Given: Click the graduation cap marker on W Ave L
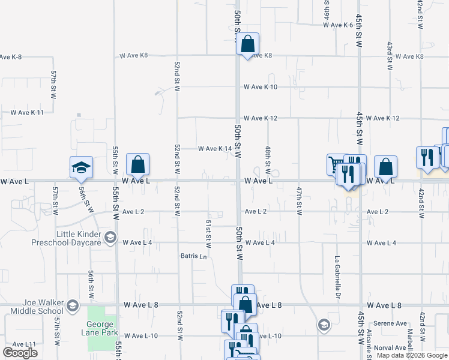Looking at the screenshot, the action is pyautogui.click(x=81, y=167).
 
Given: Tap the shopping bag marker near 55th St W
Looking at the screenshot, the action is pyautogui.click(x=138, y=164).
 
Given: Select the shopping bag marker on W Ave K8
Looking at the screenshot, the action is pyautogui.click(x=247, y=44).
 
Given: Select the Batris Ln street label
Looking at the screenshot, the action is pyautogui.click(x=194, y=256).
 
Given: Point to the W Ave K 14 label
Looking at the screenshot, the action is pyautogui.click(x=215, y=149).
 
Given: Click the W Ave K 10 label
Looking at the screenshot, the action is pyautogui.click(x=261, y=87).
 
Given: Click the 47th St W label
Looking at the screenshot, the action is pyautogui.click(x=298, y=200).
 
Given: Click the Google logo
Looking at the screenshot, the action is pyautogui.click(x=20, y=353).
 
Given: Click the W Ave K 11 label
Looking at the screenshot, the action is pyautogui.click(x=27, y=113).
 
